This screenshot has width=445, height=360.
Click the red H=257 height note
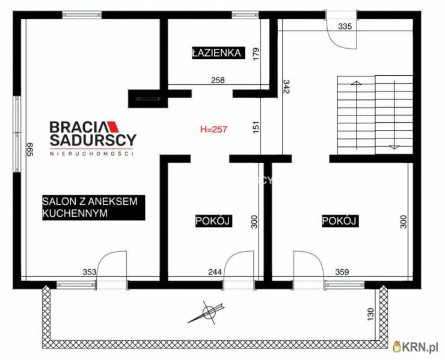tap(213, 129)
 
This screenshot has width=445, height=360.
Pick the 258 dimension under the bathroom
tap(218, 81)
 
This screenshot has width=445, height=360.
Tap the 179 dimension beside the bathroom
tap(256, 54)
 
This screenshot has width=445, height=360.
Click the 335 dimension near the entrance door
tap(345, 26)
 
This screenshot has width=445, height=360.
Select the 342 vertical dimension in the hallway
tap(286, 87)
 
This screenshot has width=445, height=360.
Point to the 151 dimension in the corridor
tap(256, 127)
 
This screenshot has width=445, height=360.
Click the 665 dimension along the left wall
tap(30, 149)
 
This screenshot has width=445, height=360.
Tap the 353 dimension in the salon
tap(90, 272)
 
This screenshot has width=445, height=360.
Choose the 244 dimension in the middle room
tap(215, 272)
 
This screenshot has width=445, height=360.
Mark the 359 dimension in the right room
tap(342, 272)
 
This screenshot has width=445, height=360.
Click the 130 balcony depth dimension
tap(370, 314)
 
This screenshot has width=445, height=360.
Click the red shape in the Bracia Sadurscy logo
tap(112, 127)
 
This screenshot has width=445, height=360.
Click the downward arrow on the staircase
tap(394, 114)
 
